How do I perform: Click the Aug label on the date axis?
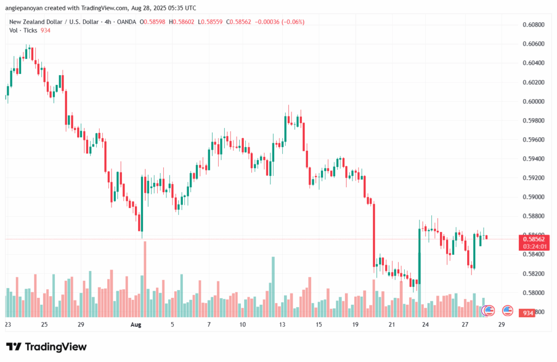(136, 324)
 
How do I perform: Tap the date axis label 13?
(282, 324)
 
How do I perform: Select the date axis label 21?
(392, 324)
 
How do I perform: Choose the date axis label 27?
(465, 324)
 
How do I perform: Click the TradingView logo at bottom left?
(46, 347)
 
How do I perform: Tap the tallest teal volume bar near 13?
(273, 287)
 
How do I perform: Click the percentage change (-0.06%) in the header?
(292, 22)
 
